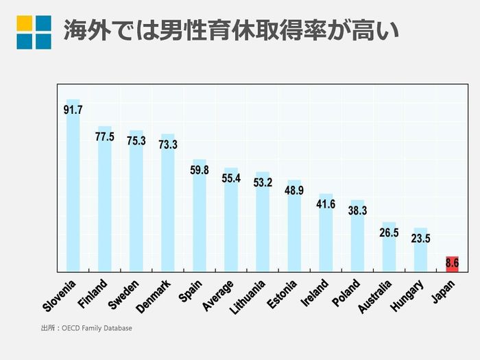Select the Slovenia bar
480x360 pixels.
coord(73,192)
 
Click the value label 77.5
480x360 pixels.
coord(104,137)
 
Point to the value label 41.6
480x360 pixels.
coord(326,204)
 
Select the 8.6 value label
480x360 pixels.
coord(452,262)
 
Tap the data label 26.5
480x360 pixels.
coord(389,232)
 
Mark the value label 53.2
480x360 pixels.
coord(263,182)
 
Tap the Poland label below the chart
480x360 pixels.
coord(345,293)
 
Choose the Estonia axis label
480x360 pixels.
coord(281,293)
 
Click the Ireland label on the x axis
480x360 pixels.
coord(314,293)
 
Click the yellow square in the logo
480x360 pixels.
coord(25,23)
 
